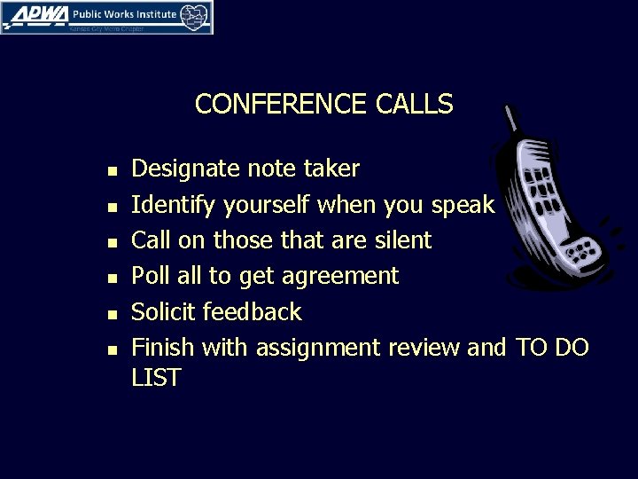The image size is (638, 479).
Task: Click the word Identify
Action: coord(173,205)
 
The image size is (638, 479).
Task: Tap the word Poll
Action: coord(149,276)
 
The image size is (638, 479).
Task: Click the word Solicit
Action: coord(165,312)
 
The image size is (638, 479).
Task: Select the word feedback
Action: coord(253,312)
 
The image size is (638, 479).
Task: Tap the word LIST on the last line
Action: coord(156,378)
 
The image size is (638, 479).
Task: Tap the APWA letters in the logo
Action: coord(32,14)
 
